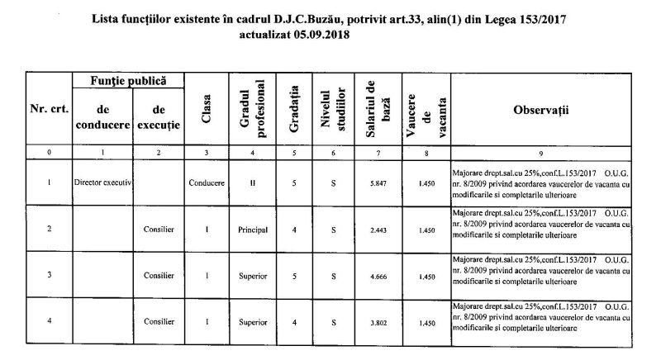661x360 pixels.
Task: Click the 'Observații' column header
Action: (541, 110)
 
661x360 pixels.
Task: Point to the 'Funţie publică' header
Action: (129, 80)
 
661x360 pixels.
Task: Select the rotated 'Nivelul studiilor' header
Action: (332, 111)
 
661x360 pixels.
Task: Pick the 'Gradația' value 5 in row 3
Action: (294, 277)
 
